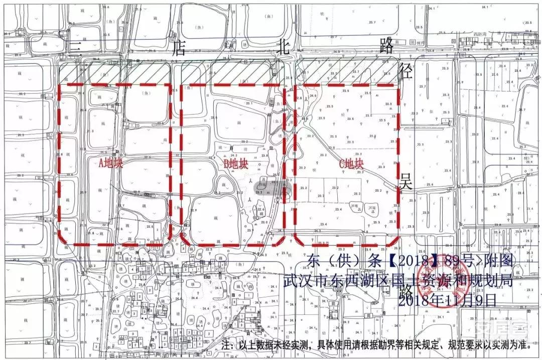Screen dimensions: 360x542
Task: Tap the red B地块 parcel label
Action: coord(236,164)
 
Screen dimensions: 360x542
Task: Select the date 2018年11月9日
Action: coord(446,299)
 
